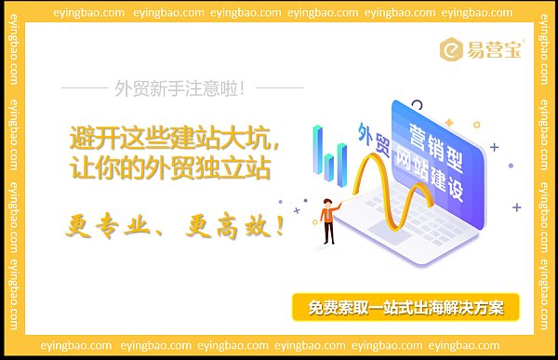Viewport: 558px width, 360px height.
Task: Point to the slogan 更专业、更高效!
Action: click(x=176, y=223)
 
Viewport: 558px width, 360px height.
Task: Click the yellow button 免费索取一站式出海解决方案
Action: click(x=405, y=307)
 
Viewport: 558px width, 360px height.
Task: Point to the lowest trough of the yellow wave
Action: click(x=416, y=249)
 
